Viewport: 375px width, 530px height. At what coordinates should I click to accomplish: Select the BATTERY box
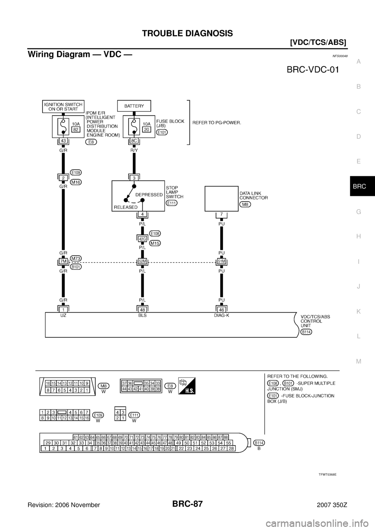134,106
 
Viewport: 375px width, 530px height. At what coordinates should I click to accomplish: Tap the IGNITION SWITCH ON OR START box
62,107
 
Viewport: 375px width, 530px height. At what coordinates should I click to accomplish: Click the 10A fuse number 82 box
76,130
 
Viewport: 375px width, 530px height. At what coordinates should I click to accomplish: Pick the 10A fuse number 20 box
146,130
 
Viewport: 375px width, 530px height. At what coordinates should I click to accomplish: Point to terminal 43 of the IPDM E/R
62,141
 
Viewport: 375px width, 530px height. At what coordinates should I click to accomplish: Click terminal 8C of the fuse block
134,141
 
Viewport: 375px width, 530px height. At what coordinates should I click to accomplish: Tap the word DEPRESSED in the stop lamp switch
149,194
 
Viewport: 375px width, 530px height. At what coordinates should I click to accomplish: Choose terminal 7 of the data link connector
221,214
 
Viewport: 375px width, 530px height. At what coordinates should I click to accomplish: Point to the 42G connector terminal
142,239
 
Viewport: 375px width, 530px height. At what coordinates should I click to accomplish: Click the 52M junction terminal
142,261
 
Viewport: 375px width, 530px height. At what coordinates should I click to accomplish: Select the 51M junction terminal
221,261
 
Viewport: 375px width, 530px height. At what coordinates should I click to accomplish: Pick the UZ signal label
63,315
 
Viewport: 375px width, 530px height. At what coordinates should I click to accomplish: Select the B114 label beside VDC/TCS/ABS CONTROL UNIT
307,332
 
